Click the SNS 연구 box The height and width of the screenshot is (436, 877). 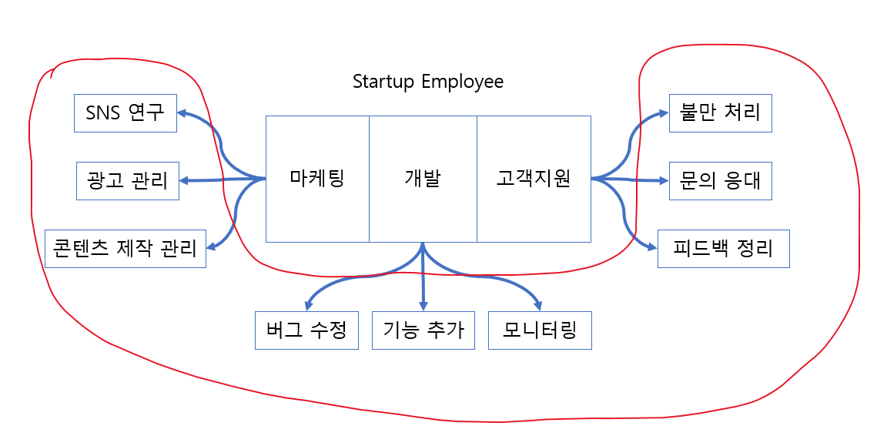(x=126, y=113)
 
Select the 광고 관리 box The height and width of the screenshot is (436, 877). (x=128, y=181)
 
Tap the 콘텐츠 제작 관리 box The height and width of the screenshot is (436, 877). (x=126, y=248)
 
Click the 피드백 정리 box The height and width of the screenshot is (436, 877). (x=724, y=248)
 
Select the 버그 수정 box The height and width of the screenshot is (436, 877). (x=306, y=330)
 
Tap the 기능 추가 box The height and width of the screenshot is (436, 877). (x=423, y=330)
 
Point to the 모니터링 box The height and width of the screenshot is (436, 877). (x=540, y=330)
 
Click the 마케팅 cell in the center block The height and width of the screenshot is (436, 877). (x=317, y=179)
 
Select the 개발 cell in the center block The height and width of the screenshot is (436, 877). (x=423, y=179)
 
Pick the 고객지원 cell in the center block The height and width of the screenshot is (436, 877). (x=534, y=179)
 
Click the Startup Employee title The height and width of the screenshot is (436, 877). (x=428, y=81)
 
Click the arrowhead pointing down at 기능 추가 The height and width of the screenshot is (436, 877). (x=423, y=304)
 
